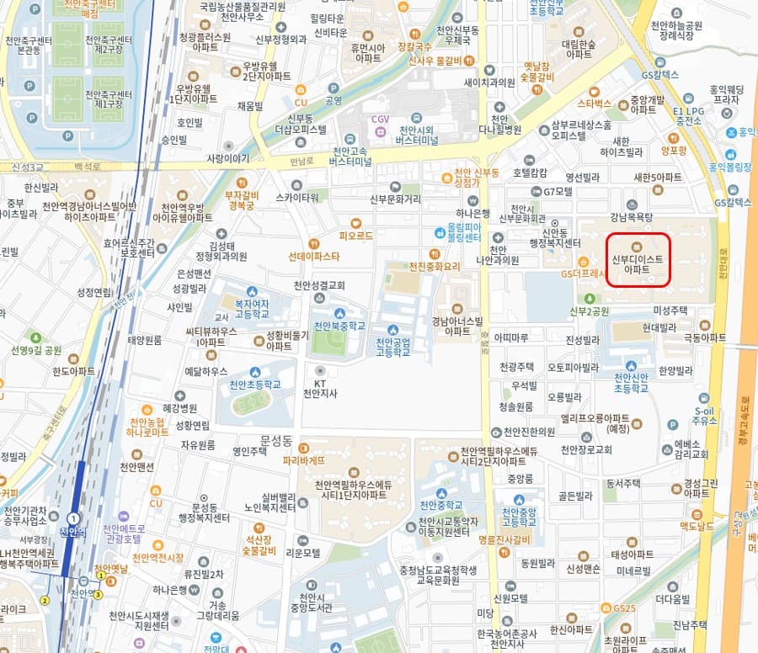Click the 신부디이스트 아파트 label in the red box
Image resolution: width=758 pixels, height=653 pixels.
click(637, 264)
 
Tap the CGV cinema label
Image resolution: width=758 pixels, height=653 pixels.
click(380, 119)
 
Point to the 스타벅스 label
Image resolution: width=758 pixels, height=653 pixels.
click(595, 104)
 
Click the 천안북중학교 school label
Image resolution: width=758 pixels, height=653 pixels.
click(339, 326)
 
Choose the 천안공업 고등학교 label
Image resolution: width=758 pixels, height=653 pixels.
click(393, 346)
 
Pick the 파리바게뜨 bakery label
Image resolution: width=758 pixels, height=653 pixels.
click(305, 460)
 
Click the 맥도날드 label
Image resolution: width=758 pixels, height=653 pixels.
click(697, 525)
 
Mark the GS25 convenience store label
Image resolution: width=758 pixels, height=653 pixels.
click(625, 608)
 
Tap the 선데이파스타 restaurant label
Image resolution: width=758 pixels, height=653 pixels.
click(314, 255)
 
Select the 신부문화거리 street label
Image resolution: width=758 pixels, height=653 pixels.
click(394, 199)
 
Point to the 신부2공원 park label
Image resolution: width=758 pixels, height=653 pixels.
click(588, 311)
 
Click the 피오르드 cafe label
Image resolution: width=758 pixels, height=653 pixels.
click(355, 236)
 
